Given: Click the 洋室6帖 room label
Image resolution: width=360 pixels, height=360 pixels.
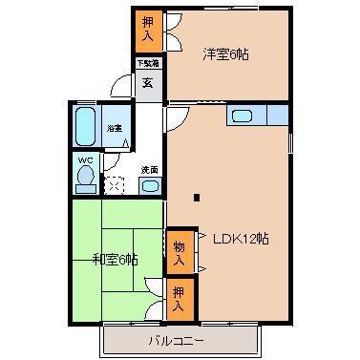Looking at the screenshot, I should [x=225, y=54].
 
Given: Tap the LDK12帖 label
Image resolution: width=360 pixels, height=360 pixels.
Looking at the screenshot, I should [x=240, y=238].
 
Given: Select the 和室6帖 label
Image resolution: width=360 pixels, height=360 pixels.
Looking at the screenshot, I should [x=115, y=259].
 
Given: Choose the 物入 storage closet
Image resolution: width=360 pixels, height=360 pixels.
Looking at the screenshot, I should [x=179, y=250].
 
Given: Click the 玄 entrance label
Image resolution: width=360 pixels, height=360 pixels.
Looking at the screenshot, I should [x=148, y=82].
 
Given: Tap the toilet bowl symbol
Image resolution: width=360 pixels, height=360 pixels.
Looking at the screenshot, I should [x=86, y=178].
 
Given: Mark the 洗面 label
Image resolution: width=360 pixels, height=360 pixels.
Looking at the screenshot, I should [x=149, y=169].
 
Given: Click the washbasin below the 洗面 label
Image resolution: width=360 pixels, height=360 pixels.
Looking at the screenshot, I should [x=150, y=186].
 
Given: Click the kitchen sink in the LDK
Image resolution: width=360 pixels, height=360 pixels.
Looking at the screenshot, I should [x=243, y=116].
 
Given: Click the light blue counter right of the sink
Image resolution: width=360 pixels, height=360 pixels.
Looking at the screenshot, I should [x=277, y=116].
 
